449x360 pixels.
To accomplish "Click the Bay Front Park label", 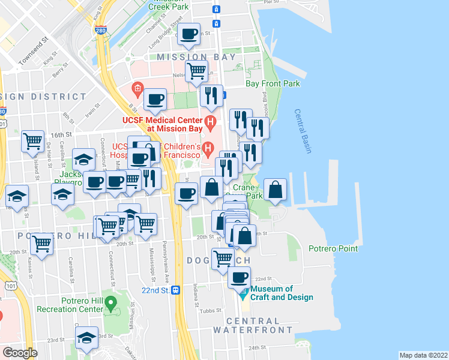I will click(x=272, y=83).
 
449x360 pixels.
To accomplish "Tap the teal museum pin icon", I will click(x=243, y=295).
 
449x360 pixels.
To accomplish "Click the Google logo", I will click(x=20, y=353).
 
